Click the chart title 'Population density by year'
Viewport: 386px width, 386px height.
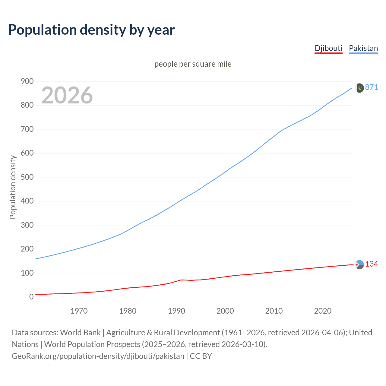[x=91, y=30]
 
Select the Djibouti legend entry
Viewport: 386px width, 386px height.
[x=328, y=48]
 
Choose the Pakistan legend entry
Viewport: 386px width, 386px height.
[x=363, y=48]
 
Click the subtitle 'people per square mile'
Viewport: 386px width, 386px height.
[x=193, y=64]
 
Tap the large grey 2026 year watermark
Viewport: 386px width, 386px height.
[x=67, y=95]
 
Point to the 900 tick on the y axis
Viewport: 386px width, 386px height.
[x=27, y=81]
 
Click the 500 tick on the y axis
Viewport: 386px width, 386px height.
[x=27, y=177]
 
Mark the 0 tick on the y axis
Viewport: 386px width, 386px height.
[x=31, y=297]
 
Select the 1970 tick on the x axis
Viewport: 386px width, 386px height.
[x=79, y=311]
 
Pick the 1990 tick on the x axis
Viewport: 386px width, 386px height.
[x=176, y=311]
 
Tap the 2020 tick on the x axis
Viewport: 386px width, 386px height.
[x=323, y=311]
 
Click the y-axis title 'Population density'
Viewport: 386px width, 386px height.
[x=13, y=187]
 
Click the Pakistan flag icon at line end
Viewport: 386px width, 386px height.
[x=359, y=88]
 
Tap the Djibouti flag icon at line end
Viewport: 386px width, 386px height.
[x=359, y=264]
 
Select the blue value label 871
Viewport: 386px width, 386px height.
[x=372, y=87]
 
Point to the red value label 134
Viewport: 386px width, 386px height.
[x=372, y=264]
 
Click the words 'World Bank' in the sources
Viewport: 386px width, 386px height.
[x=80, y=333]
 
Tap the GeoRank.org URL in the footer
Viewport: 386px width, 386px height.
[x=98, y=356]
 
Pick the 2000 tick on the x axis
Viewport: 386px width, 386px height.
[x=225, y=311]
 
